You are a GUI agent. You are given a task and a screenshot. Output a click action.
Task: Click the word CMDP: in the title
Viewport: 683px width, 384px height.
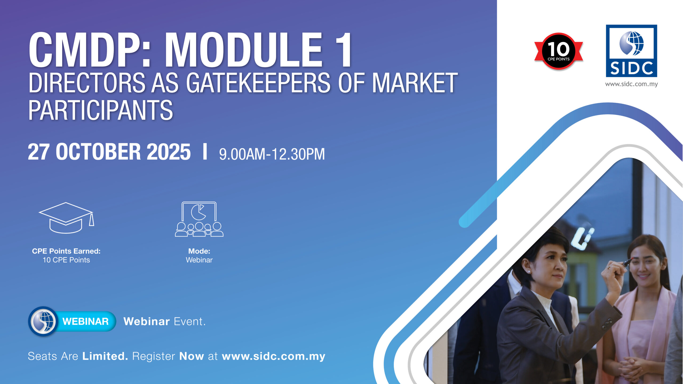tap(90, 50)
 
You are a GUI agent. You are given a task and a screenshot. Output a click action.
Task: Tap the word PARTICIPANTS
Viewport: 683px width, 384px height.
tap(101, 110)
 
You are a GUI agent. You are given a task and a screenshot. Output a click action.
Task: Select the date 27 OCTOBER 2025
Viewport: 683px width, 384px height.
tap(109, 152)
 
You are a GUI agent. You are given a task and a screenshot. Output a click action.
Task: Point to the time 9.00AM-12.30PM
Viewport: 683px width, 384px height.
tap(272, 154)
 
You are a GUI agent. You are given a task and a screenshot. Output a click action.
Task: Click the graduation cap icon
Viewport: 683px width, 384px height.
tap(66, 218)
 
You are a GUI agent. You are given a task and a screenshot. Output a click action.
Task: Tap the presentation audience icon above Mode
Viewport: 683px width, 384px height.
tap(199, 219)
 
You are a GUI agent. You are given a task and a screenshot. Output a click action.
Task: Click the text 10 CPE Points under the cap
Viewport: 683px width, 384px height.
tap(66, 260)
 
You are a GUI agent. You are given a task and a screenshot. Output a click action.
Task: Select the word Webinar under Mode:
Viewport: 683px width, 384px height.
tap(199, 260)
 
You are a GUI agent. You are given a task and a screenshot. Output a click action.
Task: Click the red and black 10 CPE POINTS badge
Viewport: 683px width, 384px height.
tap(558, 51)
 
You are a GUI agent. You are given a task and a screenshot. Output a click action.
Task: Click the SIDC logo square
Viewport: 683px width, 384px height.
tap(632, 51)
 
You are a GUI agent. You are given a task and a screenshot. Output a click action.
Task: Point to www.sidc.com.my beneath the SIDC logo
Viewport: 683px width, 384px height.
tap(632, 84)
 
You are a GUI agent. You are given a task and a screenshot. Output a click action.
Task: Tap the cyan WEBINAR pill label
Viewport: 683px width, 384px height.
tap(85, 321)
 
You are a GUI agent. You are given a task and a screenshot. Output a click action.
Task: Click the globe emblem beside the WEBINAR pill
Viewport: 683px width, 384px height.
tap(43, 321)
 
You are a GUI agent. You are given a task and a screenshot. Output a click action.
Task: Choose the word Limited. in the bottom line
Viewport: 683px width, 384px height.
tap(105, 356)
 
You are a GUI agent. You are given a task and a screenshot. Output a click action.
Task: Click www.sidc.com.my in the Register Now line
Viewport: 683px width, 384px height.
tap(273, 357)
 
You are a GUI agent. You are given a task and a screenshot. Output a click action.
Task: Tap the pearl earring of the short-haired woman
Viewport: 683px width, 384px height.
tap(529, 271)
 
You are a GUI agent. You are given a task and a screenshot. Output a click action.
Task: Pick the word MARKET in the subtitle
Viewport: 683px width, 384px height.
tap(415, 83)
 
